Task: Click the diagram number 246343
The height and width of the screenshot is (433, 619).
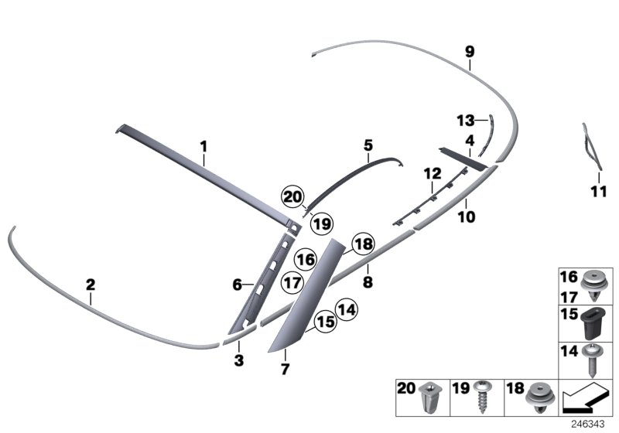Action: click(x=588, y=424)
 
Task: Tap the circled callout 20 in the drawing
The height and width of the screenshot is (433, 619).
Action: click(x=292, y=196)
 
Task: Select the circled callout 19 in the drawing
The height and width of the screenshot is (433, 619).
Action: click(x=322, y=224)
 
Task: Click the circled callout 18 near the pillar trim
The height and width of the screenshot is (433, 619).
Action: click(x=363, y=244)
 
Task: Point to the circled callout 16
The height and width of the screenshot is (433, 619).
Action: click(x=306, y=260)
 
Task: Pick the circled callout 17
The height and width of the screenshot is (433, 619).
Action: click(x=292, y=283)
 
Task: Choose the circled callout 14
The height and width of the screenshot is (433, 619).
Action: click(x=346, y=310)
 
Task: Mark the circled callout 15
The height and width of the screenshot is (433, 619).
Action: click(x=326, y=322)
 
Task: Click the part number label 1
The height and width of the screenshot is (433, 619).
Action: click(x=203, y=147)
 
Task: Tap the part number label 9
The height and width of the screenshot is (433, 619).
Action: click(x=470, y=52)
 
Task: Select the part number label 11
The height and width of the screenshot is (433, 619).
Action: click(x=598, y=192)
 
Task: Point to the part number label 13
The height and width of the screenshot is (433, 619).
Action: click(x=466, y=121)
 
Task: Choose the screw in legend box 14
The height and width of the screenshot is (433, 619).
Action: click(x=593, y=360)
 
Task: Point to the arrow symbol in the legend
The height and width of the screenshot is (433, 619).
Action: click(x=585, y=397)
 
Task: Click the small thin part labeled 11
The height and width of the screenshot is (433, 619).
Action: click(x=592, y=147)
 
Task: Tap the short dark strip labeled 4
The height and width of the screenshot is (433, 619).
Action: click(x=463, y=159)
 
